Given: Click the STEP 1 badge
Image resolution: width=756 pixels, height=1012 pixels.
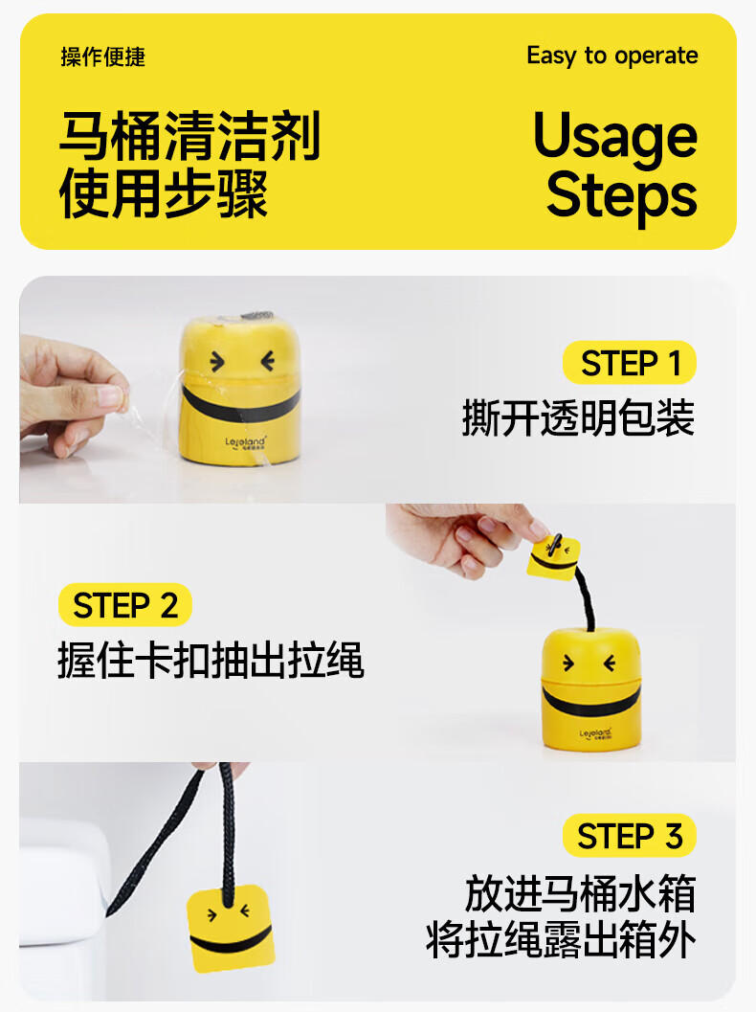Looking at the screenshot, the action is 629,362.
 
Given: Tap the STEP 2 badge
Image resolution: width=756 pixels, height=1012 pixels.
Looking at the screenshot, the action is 125,605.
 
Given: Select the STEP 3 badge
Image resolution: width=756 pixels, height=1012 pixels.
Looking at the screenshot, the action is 629,836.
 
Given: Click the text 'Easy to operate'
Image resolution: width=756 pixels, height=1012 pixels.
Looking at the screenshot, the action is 612,56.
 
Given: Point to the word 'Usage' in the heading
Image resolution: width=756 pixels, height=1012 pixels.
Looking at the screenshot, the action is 615,138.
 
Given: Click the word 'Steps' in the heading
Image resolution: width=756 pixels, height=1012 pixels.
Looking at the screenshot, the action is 622,195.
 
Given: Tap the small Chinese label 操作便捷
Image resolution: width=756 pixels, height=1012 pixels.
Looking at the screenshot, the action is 103,56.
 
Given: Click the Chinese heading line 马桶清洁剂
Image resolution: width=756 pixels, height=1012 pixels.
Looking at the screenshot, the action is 190,136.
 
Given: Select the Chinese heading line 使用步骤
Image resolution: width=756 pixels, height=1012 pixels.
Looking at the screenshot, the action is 164,193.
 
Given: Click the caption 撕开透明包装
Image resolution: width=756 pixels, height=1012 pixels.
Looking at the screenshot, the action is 579,418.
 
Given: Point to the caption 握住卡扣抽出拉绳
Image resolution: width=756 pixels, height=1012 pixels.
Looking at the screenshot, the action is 211,661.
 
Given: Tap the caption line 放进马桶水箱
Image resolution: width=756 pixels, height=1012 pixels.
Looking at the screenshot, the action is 580,894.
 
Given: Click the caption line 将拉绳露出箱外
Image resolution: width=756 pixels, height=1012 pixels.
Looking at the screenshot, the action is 561,940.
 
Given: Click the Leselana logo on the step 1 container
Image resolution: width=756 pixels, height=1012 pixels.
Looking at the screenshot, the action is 246,442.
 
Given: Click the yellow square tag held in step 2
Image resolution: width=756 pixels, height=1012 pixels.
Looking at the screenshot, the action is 553,556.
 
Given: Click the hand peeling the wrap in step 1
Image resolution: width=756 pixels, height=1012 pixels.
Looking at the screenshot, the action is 70,396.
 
